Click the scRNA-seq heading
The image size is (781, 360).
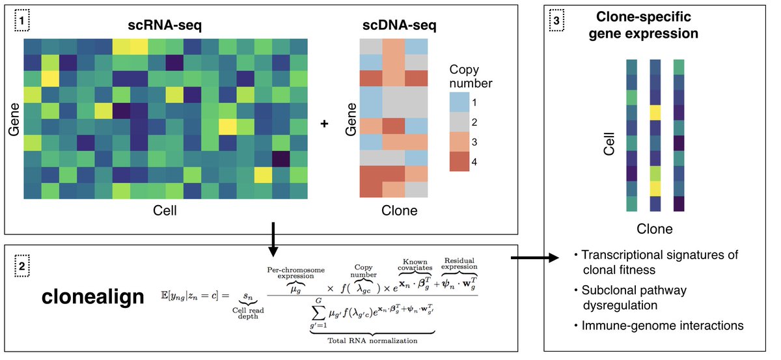click(x=165, y=27)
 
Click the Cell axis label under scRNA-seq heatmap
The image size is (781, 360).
click(x=165, y=212)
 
